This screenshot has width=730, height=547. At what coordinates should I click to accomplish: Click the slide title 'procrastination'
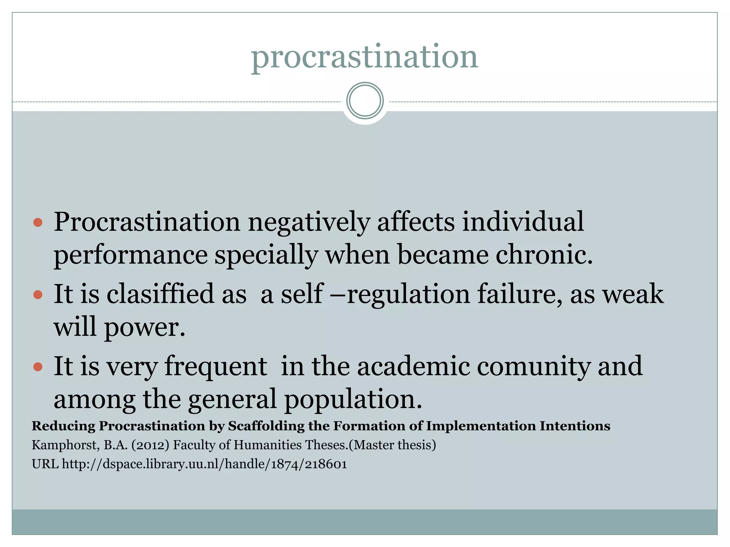[364, 57]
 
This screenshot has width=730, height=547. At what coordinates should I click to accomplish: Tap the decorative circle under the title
[365, 101]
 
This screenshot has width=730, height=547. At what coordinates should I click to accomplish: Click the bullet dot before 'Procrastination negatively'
[38, 223]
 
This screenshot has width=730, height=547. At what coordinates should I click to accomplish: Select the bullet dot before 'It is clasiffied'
[38, 295]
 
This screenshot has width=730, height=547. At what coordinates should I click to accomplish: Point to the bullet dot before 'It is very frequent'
[38, 367]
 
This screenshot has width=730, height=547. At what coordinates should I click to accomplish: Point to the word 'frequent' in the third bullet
[216, 367]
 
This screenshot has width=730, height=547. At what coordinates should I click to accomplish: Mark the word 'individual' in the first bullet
[523, 222]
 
